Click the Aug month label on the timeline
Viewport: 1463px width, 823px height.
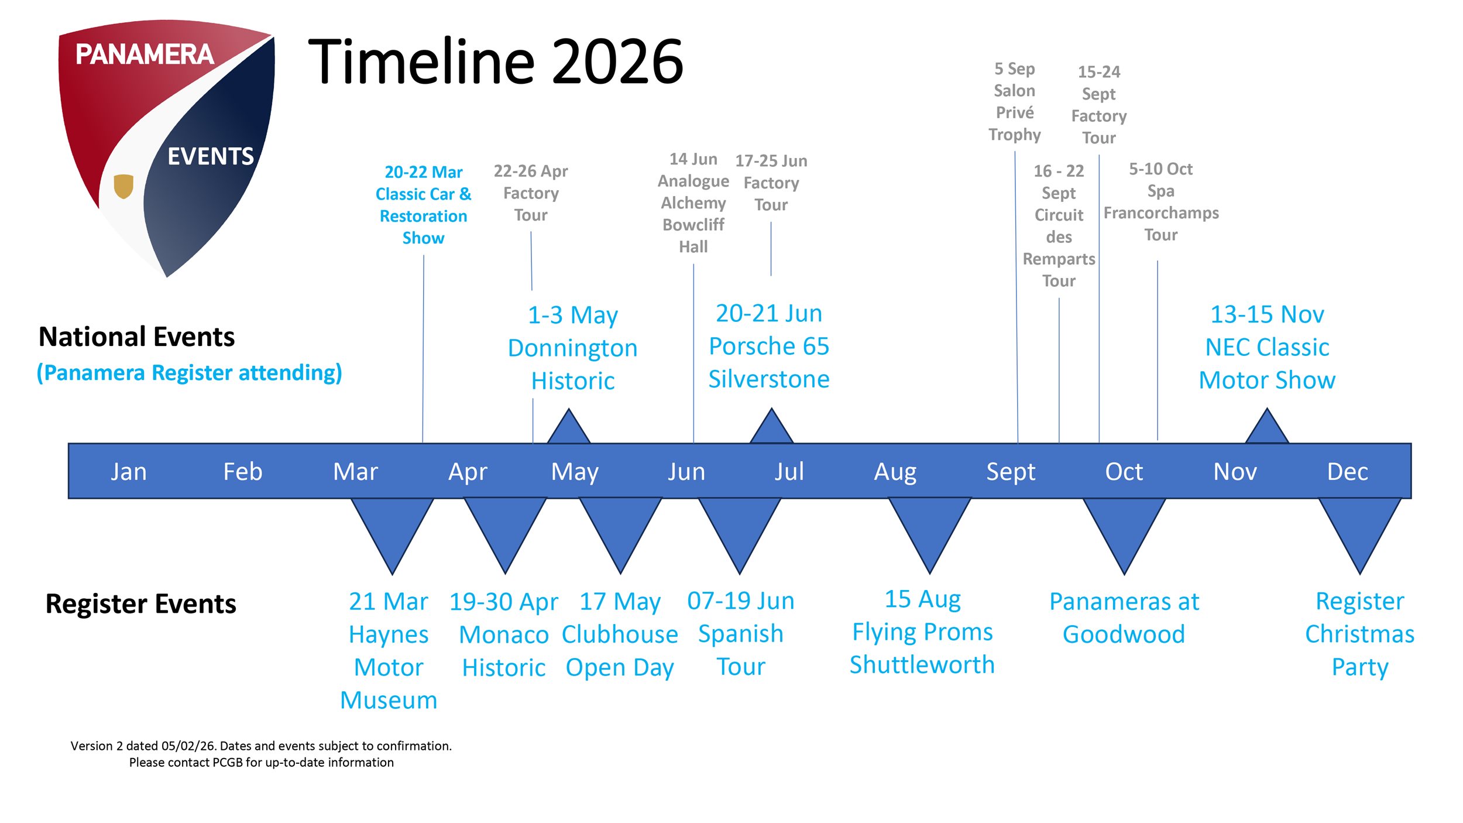pyautogui.click(x=895, y=472)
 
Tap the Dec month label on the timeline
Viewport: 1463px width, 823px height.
pyautogui.click(x=1347, y=472)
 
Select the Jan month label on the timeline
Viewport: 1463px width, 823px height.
pyautogui.click(x=129, y=472)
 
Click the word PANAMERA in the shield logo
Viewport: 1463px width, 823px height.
pyautogui.click(x=145, y=54)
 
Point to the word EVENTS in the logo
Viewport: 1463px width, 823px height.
pyautogui.click(x=211, y=156)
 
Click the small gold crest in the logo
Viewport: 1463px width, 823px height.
pyautogui.click(x=123, y=186)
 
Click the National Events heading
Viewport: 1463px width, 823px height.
pyautogui.click(x=136, y=337)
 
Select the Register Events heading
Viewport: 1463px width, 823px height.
pyautogui.click(x=140, y=603)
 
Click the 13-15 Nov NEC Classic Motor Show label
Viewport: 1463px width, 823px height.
pyautogui.click(x=1267, y=347)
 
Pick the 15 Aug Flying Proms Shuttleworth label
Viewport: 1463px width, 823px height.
pyautogui.click(x=922, y=632)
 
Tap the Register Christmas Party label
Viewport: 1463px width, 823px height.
pyautogui.click(x=1359, y=634)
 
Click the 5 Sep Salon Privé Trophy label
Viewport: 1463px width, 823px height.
pyautogui.click(x=1015, y=102)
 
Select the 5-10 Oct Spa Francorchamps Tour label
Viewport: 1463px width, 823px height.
pyautogui.click(x=1161, y=202)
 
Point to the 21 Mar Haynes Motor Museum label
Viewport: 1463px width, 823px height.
pyautogui.click(x=389, y=650)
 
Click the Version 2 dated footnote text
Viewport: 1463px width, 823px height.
pyautogui.click(x=261, y=754)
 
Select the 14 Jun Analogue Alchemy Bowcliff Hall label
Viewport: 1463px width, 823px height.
pyautogui.click(x=693, y=203)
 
